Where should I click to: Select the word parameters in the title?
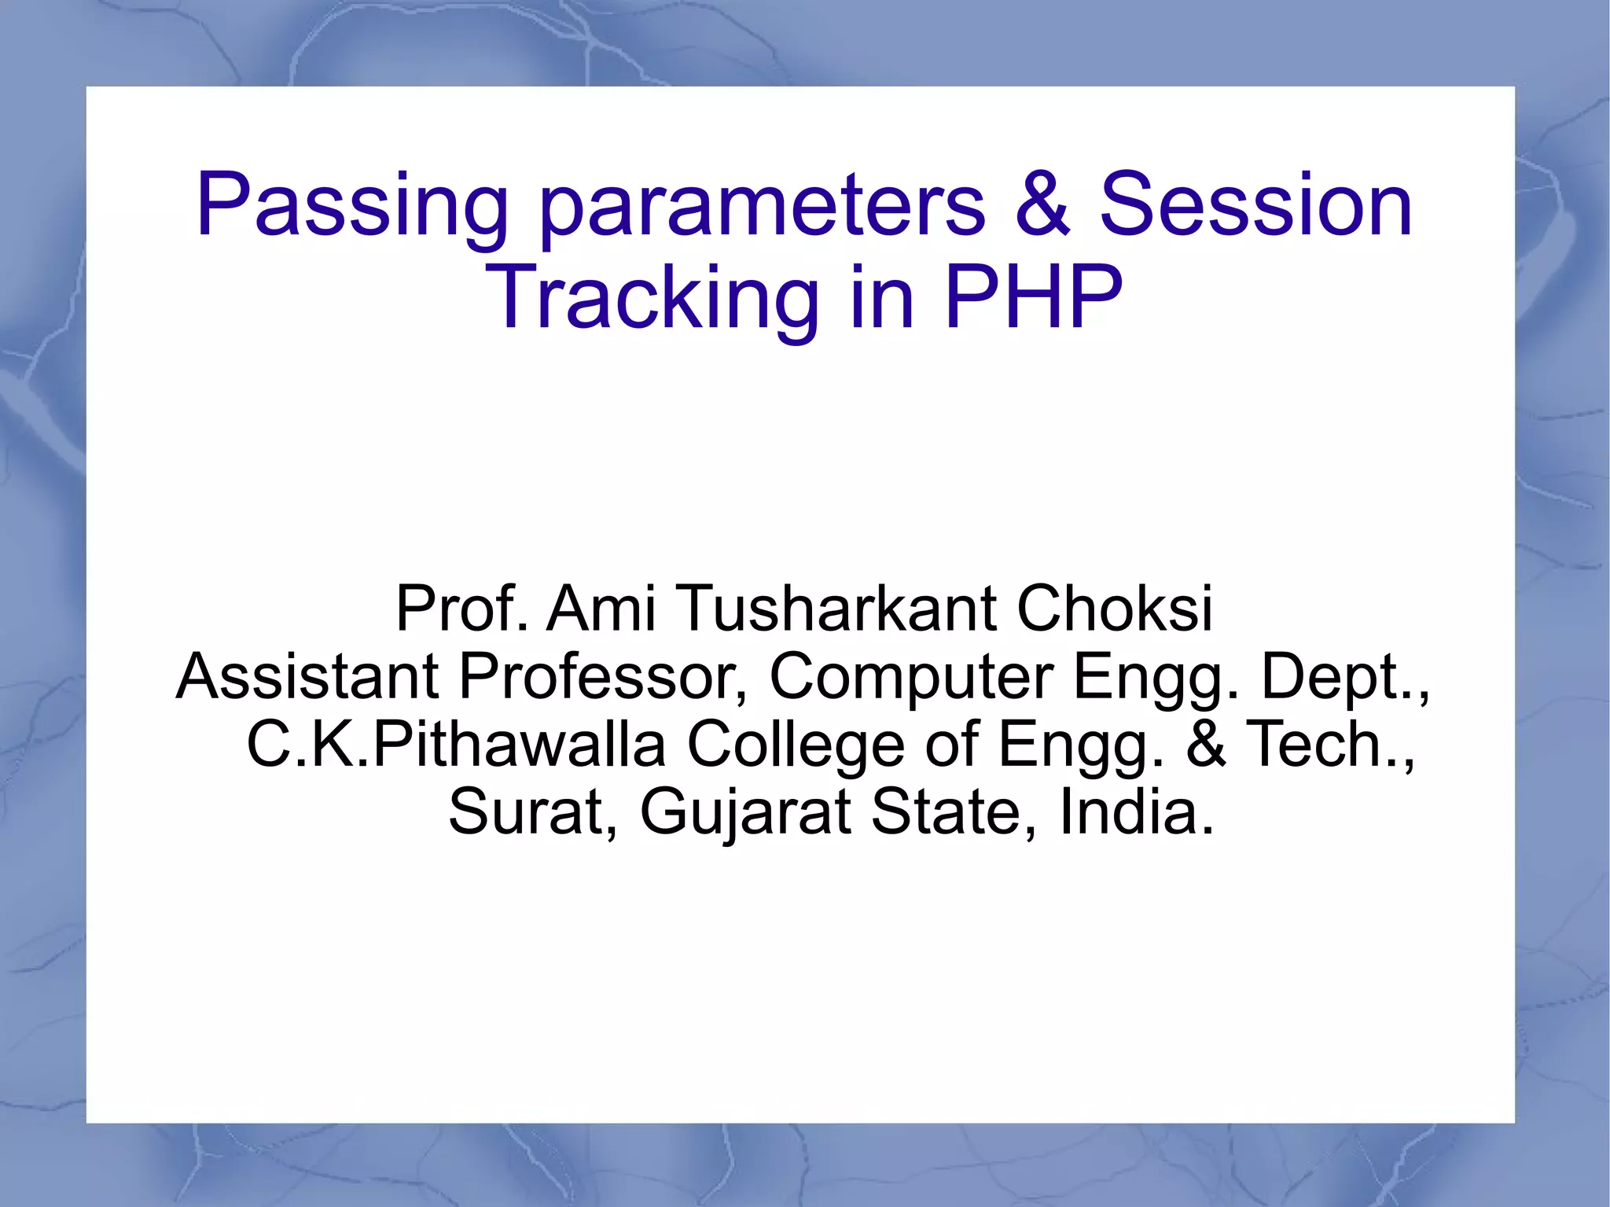tap(761, 206)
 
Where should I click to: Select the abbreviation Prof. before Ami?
tap(461, 608)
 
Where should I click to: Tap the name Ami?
tap(601, 608)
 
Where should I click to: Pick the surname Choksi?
tap(1115, 608)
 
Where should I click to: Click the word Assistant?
tap(307, 676)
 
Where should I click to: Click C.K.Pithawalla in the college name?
tap(456, 745)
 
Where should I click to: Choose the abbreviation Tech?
tap(1328, 745)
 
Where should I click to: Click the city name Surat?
tap(531, 812)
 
